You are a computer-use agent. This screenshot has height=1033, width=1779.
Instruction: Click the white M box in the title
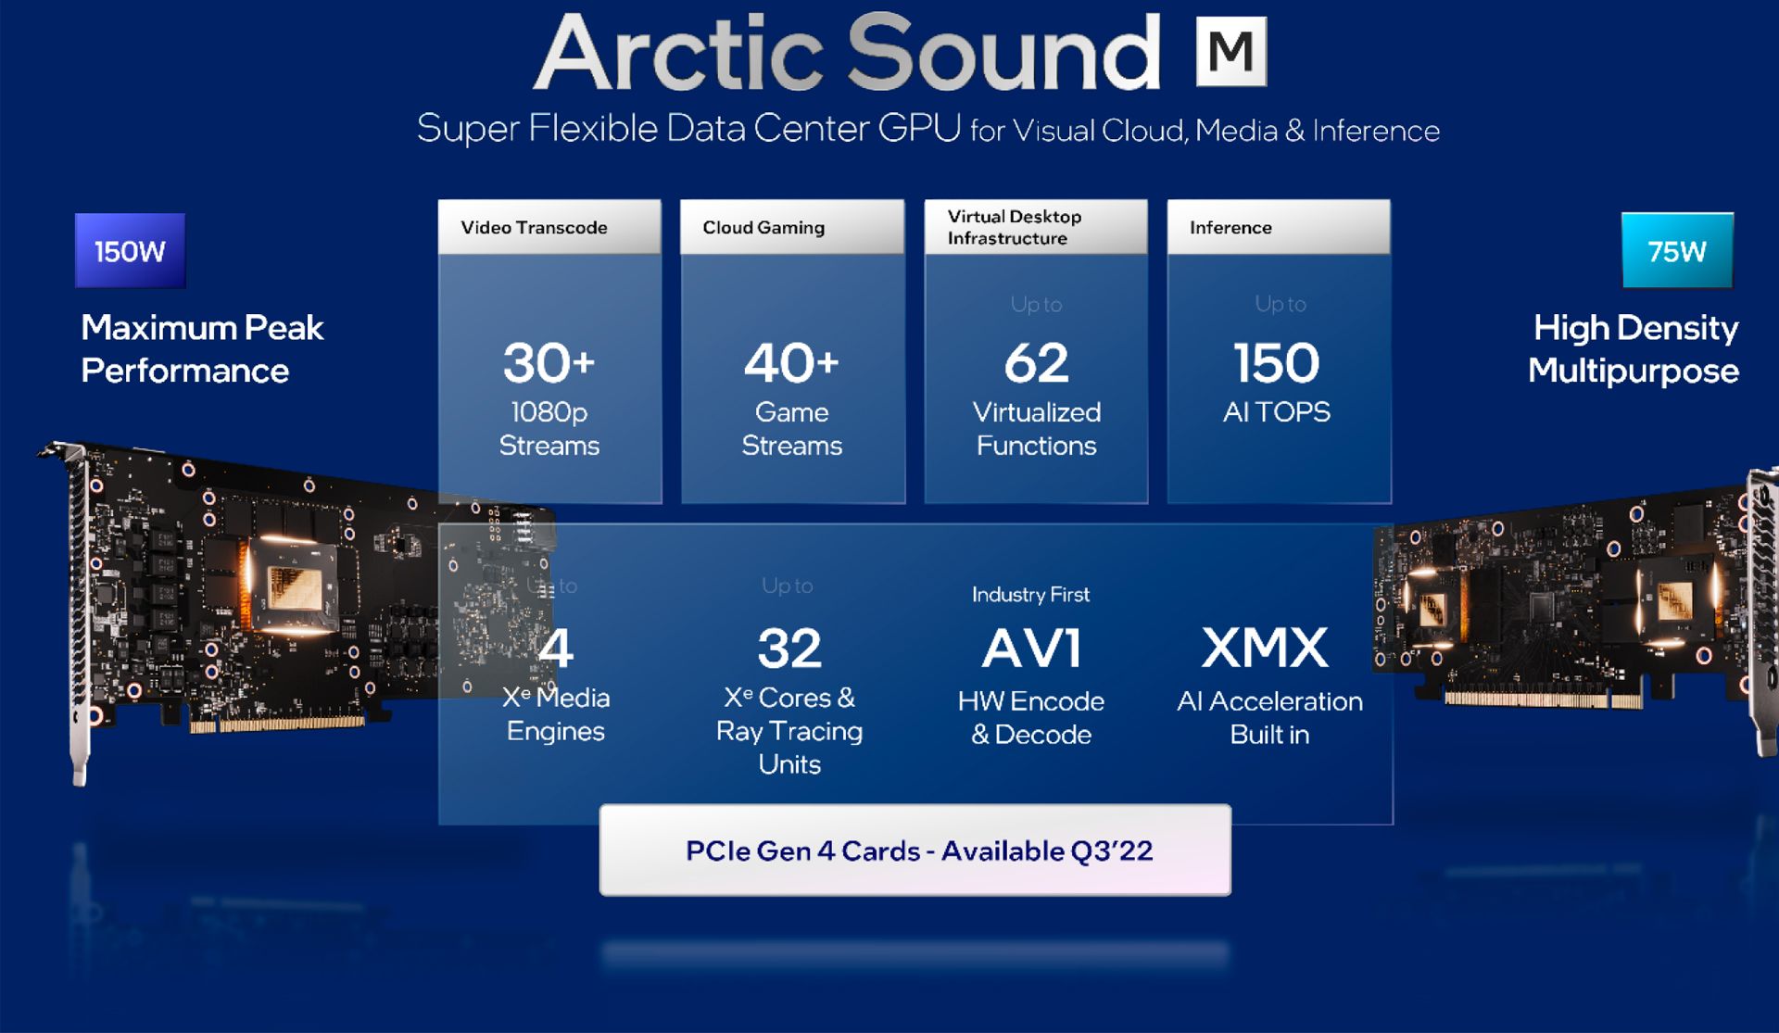1230,52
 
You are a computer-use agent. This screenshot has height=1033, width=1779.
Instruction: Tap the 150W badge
130,251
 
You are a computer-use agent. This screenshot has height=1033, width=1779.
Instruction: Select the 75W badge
1676,251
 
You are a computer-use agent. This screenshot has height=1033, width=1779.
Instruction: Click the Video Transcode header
549,228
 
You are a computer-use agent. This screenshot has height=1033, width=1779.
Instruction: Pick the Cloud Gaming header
791,228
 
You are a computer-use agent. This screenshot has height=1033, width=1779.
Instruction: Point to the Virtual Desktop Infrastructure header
1035,228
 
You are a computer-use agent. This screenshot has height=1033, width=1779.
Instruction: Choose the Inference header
1278,228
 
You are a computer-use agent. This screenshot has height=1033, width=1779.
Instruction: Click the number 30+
549,362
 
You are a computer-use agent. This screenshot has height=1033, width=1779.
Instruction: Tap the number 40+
791,362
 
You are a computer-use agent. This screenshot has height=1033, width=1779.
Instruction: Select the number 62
1036,362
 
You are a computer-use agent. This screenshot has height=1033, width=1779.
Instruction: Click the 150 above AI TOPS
1277,362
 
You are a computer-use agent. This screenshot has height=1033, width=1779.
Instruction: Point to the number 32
789,649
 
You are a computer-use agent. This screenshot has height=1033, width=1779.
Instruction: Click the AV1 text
1031,649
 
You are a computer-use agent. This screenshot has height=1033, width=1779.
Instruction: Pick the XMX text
1266,648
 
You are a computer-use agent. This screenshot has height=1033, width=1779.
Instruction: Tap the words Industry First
1030,595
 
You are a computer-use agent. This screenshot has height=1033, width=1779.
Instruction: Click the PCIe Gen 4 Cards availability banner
915,850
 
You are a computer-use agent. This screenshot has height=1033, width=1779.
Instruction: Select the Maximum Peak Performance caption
202,349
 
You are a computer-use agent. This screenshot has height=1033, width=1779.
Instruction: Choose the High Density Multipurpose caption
1634,349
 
